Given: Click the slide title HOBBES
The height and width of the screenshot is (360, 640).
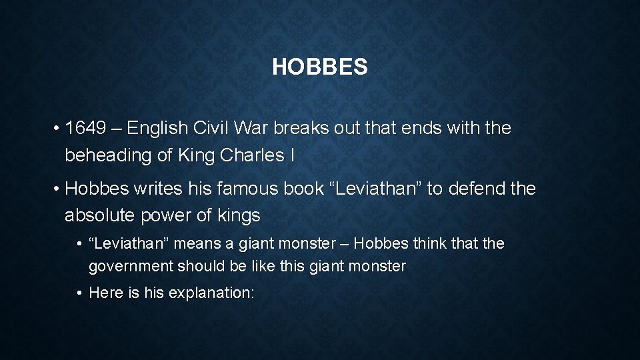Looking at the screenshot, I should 319,67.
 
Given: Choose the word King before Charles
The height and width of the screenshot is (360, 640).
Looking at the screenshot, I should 195,155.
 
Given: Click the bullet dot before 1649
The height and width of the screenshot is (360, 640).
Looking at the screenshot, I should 59,129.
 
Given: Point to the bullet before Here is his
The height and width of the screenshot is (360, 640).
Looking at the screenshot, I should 79,293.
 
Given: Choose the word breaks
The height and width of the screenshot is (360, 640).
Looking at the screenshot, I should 303,128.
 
